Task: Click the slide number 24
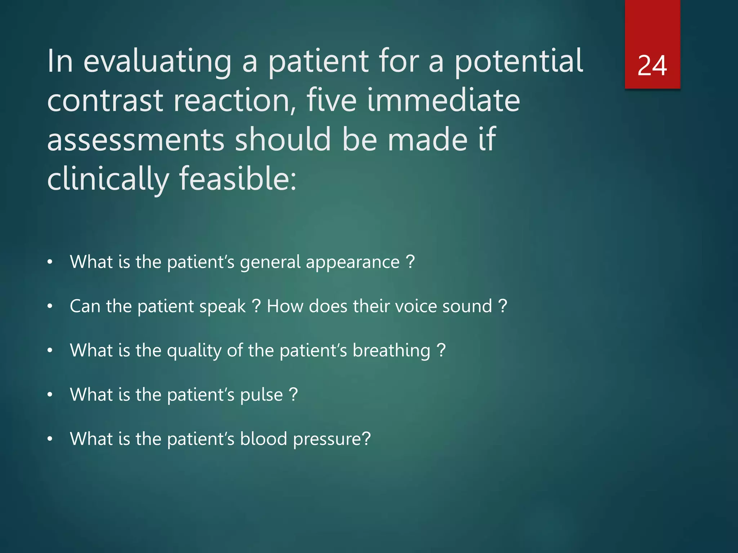point(652,66)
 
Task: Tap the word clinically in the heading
point(108,179)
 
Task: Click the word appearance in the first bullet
point(353,262)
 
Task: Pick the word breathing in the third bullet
point(391,351)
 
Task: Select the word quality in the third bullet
point(194,351)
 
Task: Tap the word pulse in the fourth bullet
point(261,395)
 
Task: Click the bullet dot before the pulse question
point(50,395)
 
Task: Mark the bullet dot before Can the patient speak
point(50,307)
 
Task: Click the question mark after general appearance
point(410,262)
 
